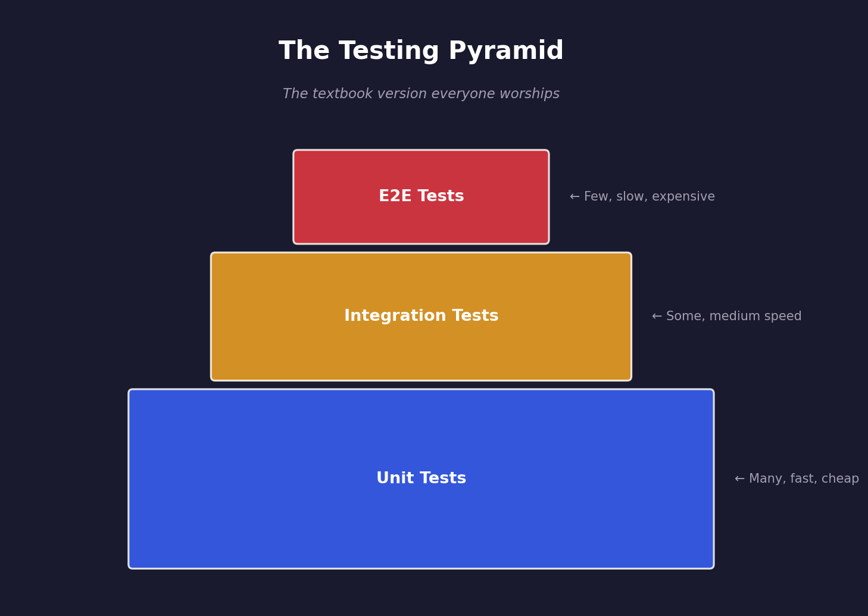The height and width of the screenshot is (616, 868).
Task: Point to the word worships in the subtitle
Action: (533, 94)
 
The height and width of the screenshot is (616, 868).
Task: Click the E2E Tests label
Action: (421, 196)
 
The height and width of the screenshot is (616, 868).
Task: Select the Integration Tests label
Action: (421, 316)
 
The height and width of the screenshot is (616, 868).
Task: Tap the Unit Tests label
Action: (421, 479)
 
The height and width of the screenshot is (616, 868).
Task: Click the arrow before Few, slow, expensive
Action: (574, 197)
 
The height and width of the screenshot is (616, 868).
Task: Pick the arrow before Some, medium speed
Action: (657, 317)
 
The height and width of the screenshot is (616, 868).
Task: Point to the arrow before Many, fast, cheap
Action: (739, 479)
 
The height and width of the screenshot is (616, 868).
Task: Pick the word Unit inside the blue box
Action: (393, 479)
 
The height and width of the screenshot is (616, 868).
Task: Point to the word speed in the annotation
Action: (783, 317)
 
